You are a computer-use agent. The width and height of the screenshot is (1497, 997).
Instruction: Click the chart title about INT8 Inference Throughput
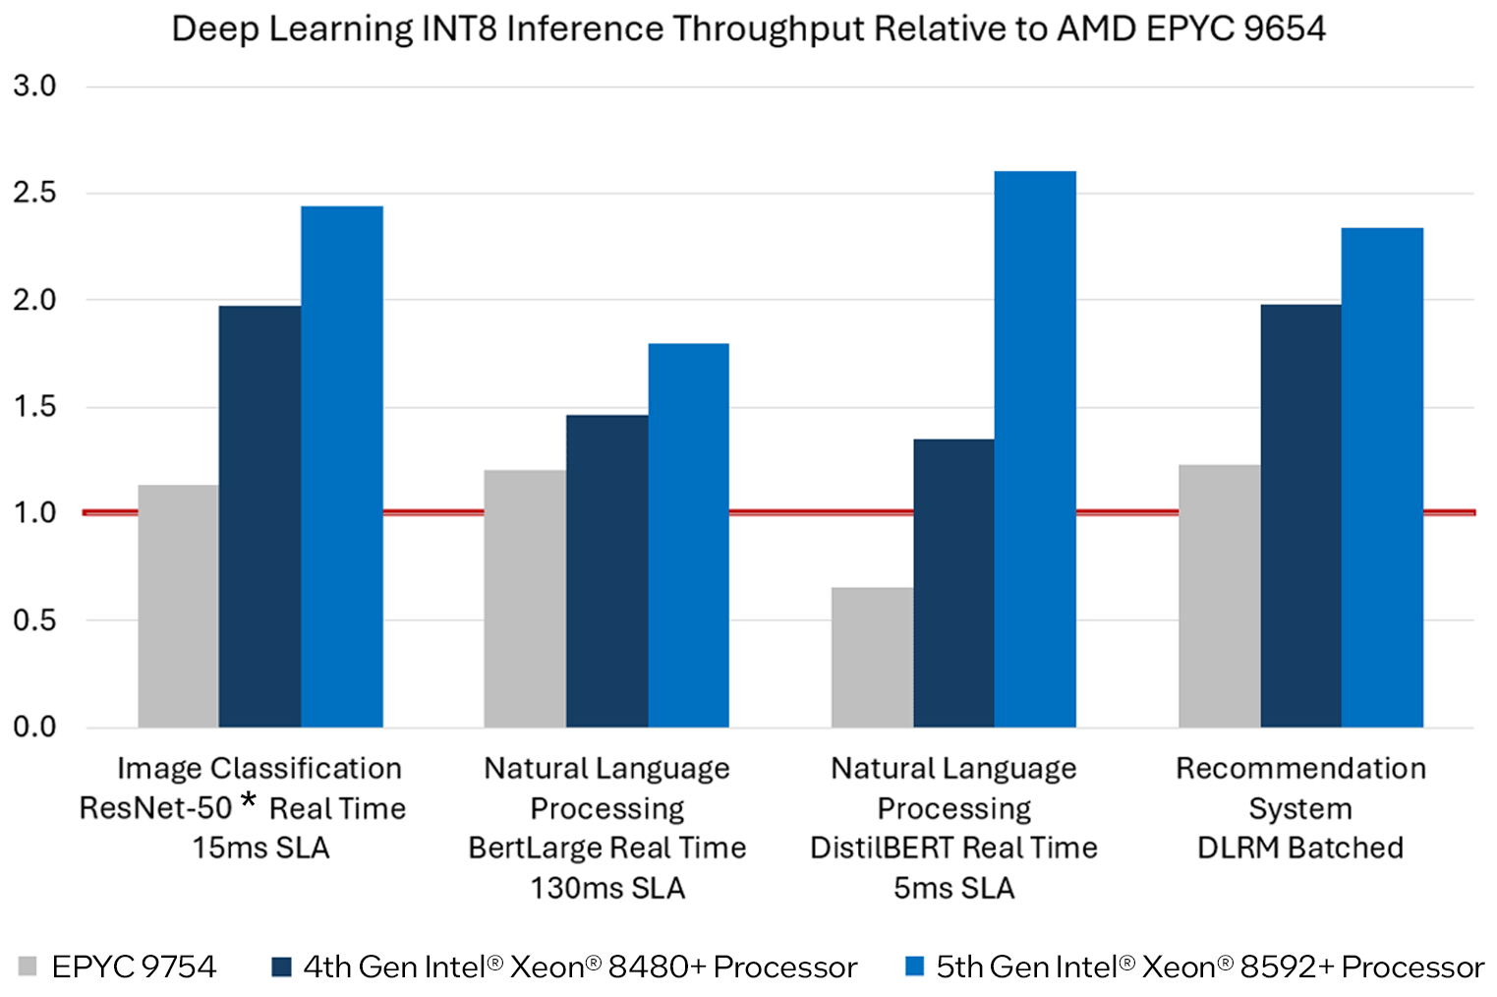click(x=748, y=29)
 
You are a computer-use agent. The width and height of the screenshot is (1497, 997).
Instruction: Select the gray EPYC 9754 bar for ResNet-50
click(x=178, y=606)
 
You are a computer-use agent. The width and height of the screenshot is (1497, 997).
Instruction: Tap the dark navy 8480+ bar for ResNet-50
click(x=259, y=516)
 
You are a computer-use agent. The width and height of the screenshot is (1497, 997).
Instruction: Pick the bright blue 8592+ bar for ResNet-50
click(x=342, y=467)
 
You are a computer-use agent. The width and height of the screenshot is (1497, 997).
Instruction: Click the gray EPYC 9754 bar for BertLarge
click(x=525, y=599)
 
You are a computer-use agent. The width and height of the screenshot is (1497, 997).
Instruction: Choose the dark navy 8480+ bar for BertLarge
click(x=606, y=571)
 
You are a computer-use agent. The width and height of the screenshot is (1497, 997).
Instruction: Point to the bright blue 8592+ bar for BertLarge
click(x=688, y=536)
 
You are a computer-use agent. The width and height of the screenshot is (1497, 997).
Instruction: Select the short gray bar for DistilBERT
click(x=872, y=657)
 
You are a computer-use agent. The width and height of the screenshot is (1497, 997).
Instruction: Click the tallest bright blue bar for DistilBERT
click(x=1035, y=449)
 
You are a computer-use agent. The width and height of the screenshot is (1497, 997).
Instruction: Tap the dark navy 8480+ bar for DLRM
click(x=1300, y=516)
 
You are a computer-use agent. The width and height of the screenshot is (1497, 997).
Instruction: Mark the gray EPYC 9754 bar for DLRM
click(x=1219, y=596)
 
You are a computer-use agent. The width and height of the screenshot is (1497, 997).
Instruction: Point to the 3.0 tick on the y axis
click(x=34, y=87)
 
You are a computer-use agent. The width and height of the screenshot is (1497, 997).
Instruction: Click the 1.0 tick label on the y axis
click(x=34, y=512)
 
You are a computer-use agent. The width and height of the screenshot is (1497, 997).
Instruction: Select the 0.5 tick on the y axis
click(x=34, y=620)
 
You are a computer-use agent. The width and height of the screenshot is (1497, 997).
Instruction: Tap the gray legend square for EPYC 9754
click(x=28, y=967)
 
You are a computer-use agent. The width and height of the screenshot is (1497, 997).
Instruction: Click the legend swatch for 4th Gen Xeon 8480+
click(x=281, y=967)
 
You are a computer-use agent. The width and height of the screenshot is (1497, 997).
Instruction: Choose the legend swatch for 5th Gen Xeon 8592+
click(x=914, y=967)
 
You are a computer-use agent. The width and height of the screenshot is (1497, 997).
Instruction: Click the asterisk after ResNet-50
click(x=249, y=801)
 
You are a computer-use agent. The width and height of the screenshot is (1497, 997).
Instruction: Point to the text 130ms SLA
click(x=607, y=888)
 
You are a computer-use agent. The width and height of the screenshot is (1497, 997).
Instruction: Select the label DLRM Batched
click(x=1299, y=848)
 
